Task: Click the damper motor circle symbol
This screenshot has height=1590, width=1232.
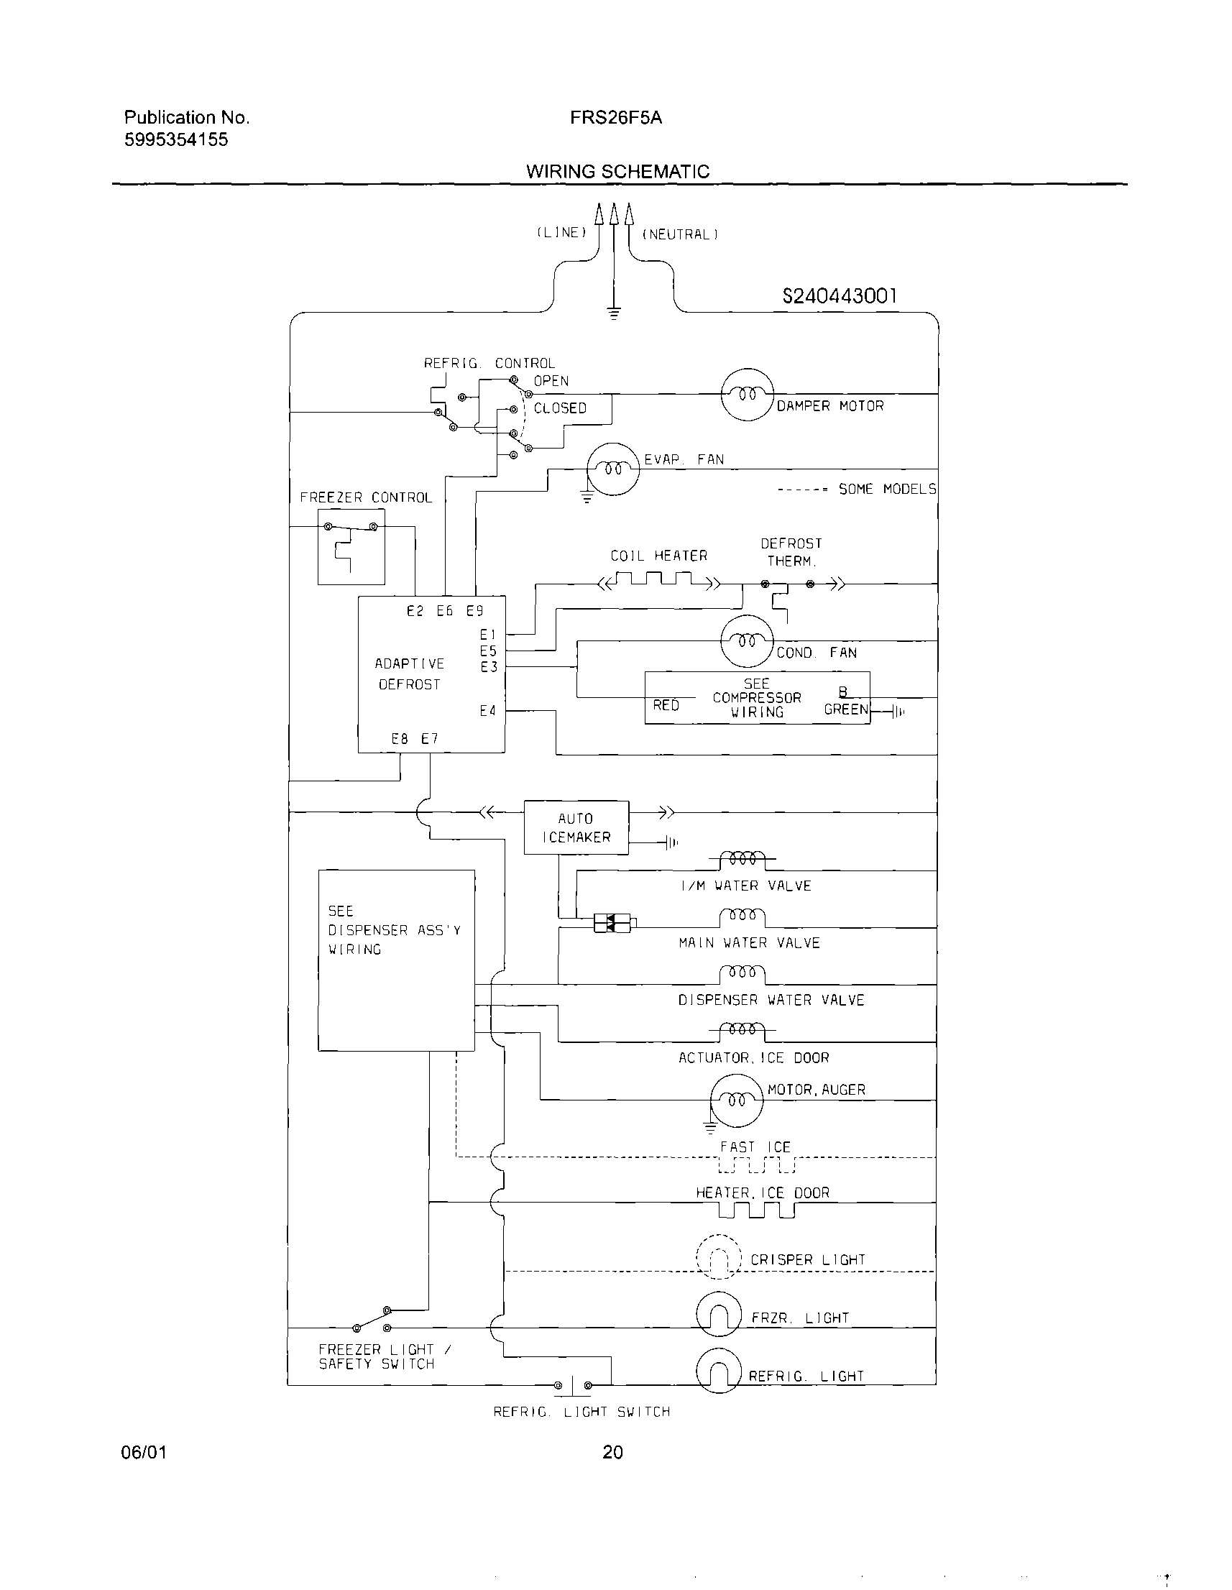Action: click(x=746, y=394)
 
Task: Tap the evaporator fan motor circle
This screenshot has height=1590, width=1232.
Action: click(x=613, y=469)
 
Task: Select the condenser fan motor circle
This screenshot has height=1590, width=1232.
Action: click(x=746, y=640)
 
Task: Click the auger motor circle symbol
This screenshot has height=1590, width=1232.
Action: click(x=736, y=1100)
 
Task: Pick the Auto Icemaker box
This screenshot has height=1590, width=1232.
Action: click(x=576, y=828)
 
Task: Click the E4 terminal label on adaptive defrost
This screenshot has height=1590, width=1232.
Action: click(x=488, y=711)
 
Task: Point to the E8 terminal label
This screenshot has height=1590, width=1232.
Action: click(x=400, y=739)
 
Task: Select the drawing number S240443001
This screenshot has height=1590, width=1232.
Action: click(x=840, y=295)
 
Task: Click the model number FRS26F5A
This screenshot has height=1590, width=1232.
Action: click(x=616, y=118)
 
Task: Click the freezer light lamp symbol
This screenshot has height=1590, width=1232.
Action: click(x=719, y=1314)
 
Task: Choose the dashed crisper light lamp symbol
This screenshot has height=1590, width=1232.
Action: click(x=719, y=1257)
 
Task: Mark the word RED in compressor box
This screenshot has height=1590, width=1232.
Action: click(x=666, y=704)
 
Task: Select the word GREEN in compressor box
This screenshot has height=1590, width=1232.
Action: click(x=845, y=709)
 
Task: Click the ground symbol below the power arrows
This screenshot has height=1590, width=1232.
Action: click(x=614, y=315)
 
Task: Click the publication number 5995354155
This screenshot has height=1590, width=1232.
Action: click(x=176, y=139)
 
